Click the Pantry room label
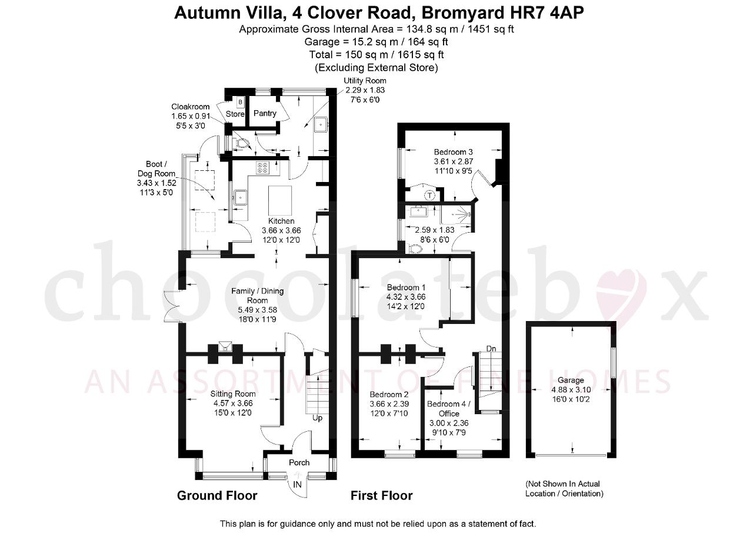point(265,114)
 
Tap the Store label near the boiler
point(235,114)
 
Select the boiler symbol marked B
point(240,102)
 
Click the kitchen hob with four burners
point(262,168)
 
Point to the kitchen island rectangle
point(279,201)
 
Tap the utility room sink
point(322,124)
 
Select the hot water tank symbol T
point(430,195)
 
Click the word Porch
point(299,463)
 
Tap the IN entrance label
point(298,484)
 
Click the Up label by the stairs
point(317,418)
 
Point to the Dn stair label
point(491,349)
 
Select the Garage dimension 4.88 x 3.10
point(571,389)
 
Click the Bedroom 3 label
point(453,152)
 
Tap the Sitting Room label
point(233,394)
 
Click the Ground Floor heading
point(217,496)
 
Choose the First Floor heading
point(382,496)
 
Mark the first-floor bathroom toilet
point(415,249)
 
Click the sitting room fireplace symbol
point(225,346)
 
